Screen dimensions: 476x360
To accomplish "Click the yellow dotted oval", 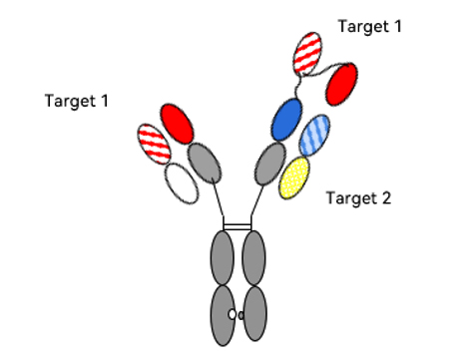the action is point(294,178).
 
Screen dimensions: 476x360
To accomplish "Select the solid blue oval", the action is point(286,119).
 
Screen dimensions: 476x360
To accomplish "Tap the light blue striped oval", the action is point(314,136).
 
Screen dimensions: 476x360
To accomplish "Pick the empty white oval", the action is point(182,183).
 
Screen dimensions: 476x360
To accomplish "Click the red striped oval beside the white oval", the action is point(154,144).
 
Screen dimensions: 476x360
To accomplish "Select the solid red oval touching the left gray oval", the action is point(177,124).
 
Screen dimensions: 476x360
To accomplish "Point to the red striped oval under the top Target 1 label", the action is point(307,53).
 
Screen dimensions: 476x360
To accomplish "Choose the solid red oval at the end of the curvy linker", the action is point(342,84).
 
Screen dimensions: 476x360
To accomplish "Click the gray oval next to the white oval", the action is point(205,163).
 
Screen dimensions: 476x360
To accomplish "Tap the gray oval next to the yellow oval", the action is point(270,164).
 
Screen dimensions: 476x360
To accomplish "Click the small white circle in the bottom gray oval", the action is point(233,314).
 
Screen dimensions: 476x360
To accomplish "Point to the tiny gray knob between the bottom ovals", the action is point(241,315).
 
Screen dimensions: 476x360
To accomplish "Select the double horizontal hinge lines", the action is point(238,227).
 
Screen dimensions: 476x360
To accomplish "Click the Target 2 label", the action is point(358,198).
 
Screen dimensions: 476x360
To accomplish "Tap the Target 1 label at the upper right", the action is point(370,27).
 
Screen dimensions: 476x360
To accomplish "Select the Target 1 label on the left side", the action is point(77,101).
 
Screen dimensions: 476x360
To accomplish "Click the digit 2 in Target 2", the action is point(386,197).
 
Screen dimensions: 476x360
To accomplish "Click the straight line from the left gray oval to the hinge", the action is point(218,199).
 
